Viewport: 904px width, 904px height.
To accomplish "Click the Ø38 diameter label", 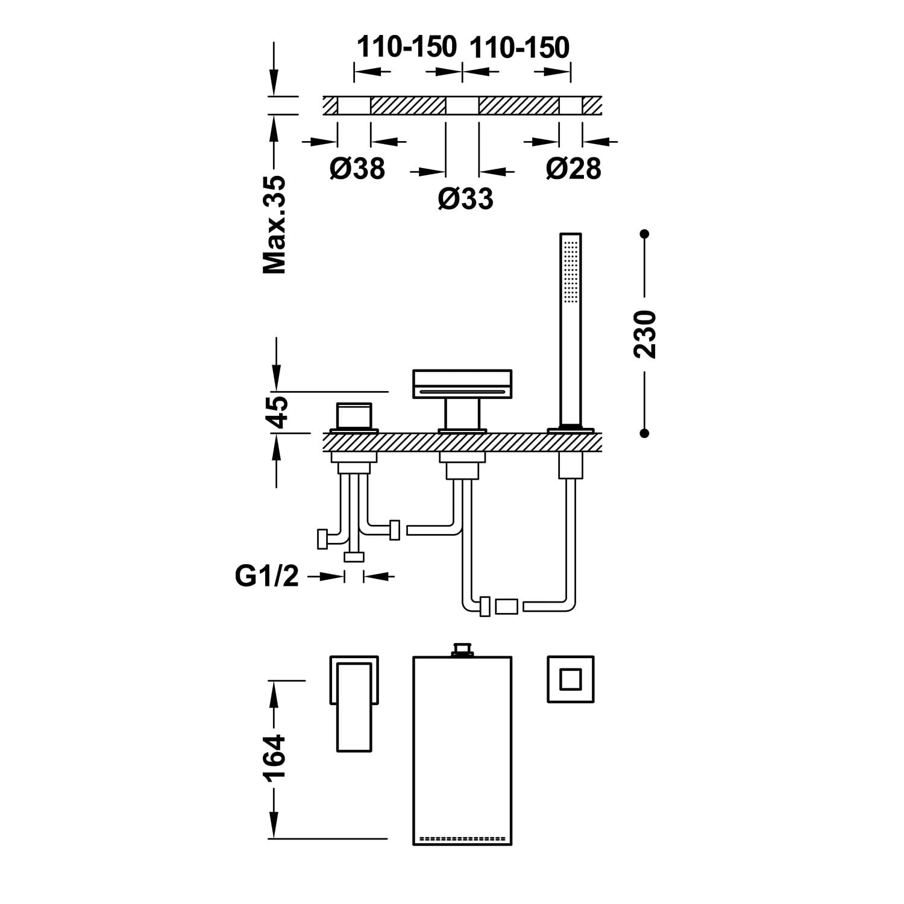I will (357, 168).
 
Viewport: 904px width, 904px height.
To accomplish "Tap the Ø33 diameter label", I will (465, 198).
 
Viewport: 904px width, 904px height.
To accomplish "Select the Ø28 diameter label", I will (573, 168).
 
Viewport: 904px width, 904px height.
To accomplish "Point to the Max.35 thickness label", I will (275, 225).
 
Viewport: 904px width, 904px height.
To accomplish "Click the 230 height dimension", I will (645, 334).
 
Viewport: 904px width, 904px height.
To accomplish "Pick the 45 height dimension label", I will (278, 412).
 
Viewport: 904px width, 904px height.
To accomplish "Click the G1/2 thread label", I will (266, 576).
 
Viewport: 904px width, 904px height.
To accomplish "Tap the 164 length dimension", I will (275, 758).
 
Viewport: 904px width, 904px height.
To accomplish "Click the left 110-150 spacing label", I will (407, 47).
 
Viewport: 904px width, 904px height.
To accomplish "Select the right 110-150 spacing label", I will (519, 47).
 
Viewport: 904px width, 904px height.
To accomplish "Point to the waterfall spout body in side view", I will (462, 384).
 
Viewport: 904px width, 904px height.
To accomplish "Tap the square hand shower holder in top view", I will (570, 679).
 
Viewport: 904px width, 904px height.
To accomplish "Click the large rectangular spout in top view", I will (462, 747).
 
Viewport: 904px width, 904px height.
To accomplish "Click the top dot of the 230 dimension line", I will (645, 233).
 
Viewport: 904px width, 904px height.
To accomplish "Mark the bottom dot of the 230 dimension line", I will (645, 433).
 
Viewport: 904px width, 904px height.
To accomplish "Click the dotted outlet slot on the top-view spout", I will (462, 838).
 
